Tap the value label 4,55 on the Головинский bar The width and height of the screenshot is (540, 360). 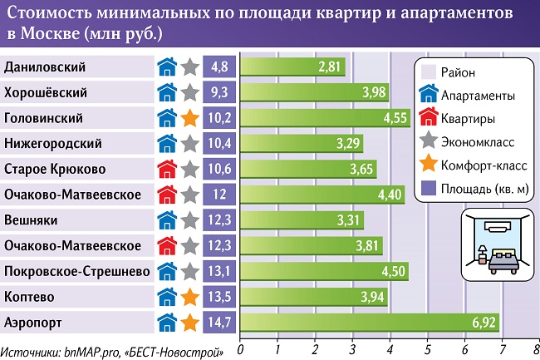coord(395,118)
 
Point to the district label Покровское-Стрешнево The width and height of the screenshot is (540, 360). coord(76,272)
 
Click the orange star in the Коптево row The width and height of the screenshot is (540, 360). coord(190,297)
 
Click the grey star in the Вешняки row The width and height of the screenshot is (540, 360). coord(190,220)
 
